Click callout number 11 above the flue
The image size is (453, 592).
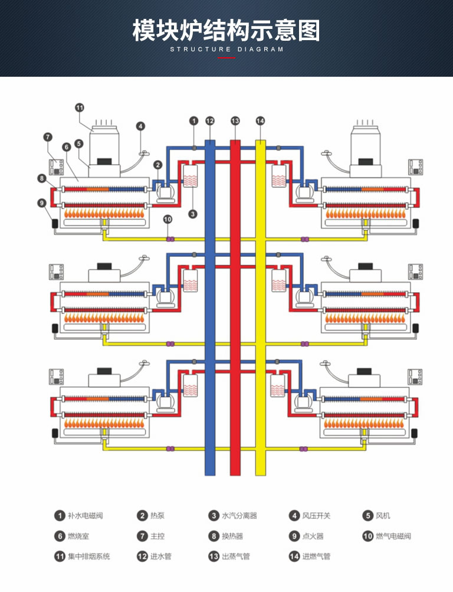tap(79, 108)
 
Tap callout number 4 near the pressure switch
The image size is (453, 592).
tap(140, 126)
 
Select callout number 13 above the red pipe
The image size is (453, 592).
tap(235, 121)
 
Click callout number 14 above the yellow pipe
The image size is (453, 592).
tap(260, 121)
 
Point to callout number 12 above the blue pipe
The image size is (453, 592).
tap(210, 121)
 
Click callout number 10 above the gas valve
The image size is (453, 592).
tap(168, 219)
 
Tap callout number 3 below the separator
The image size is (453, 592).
tap(193, 214)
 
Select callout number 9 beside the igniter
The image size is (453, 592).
tap(42, 203)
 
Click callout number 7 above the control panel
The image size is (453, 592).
tap(48, 137)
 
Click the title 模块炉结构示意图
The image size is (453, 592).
tap(226, 31)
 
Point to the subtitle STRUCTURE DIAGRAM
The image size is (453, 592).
tap(226, 49)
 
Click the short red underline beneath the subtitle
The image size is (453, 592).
tap(226, 58)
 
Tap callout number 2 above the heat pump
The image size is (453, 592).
tap(157, 165)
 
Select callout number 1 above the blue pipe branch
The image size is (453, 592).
tap(193, 121)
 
